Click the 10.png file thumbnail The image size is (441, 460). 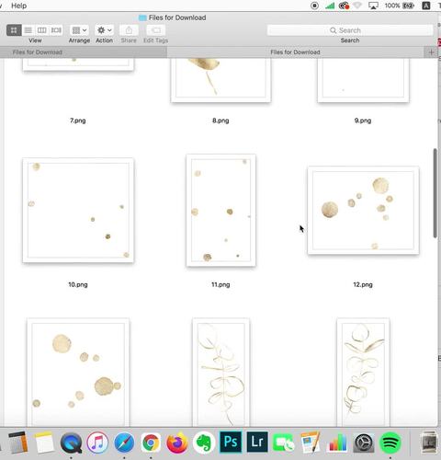point(78,210)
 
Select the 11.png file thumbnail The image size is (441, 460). point(220,210)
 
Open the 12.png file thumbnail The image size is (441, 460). point(363,211)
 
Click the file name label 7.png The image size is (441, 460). point(78,121)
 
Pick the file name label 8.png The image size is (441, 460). point(220,121)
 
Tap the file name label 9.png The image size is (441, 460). point(363,121)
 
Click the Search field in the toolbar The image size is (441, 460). point(350,30)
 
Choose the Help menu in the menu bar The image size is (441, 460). point(19,6)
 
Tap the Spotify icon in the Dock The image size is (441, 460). point(390,443)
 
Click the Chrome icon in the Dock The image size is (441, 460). point(151,443)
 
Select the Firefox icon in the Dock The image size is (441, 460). point(177,443)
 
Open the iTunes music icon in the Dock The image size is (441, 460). point(97,443)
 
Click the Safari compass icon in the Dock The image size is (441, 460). point(124,443)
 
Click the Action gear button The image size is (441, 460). point(105,30)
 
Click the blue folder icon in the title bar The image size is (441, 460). point(142,17)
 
